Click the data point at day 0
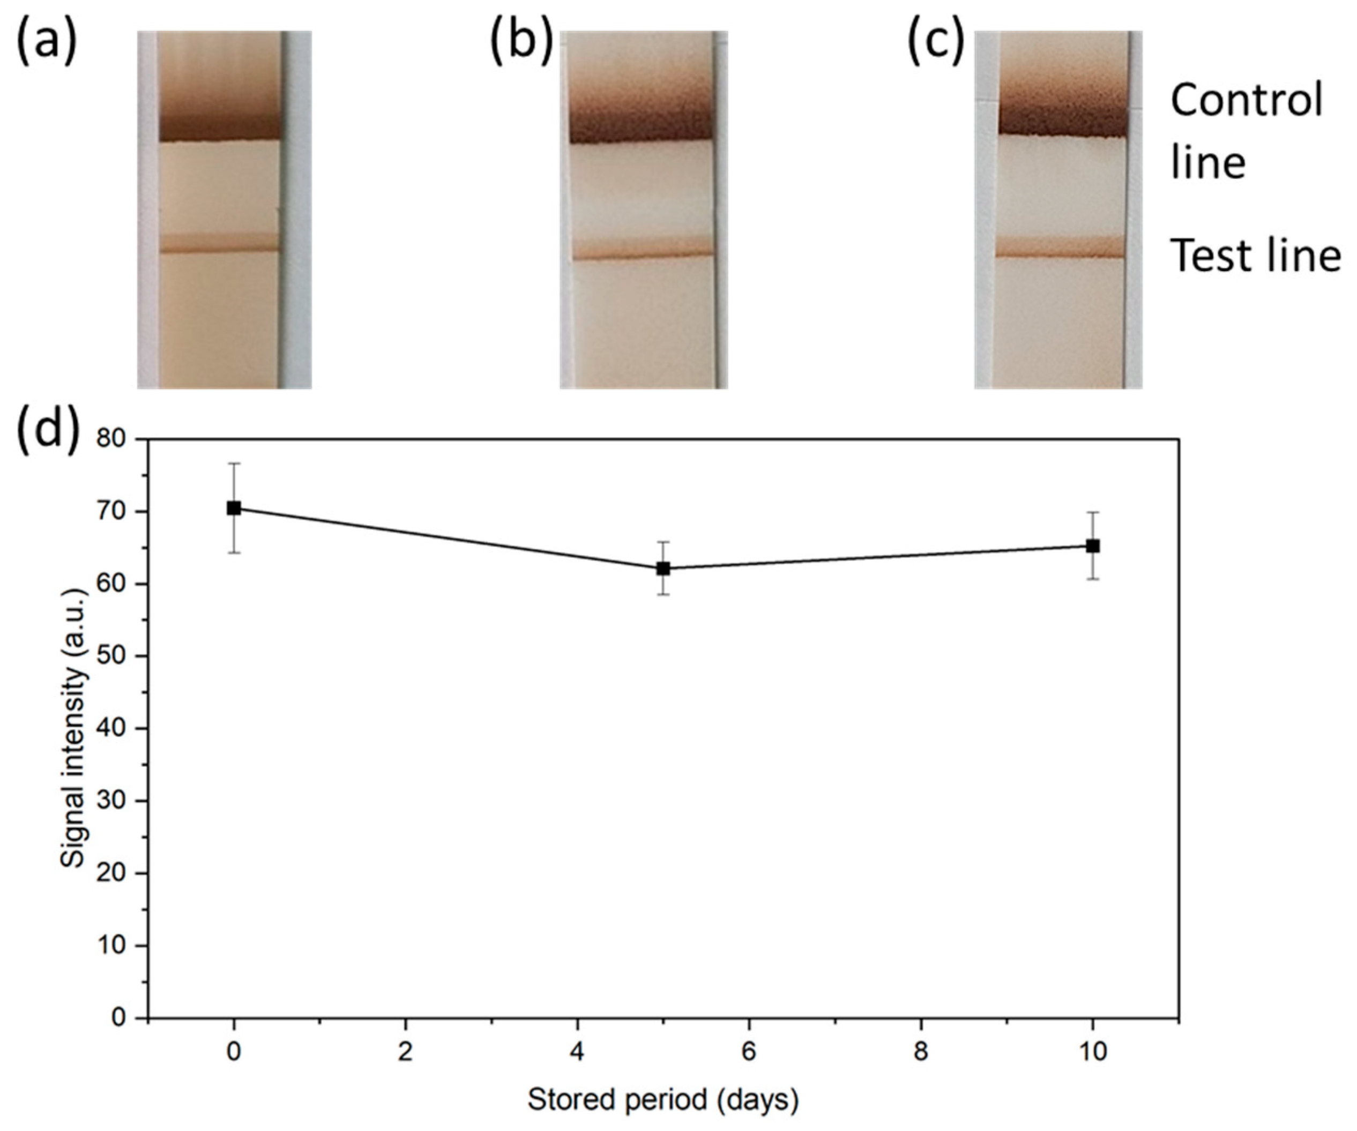pyautogui.click(x=234, y=508)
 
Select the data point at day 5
pyautogui.click(x=663, y=568)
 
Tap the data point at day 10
pyautogui.click(x=1093, y=546)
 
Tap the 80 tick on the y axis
pyautogui.click(x=116, y=439)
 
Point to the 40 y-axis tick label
pyautogui.click(x=116, y=729)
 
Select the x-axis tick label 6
pyautogui.click(x=748, y=1052)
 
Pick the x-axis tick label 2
pyautogui.click(x=405, y=1052)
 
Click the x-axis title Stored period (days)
pyautogui.click(x=663, y=1099)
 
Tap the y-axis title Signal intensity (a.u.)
pyautogui.click(x=74, y=729)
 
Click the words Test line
pyautogui.click(x=1255, y=256)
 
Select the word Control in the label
pyautogui.click(x=1247, y=101)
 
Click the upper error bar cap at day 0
pyautogui.click(x=234, y=463)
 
